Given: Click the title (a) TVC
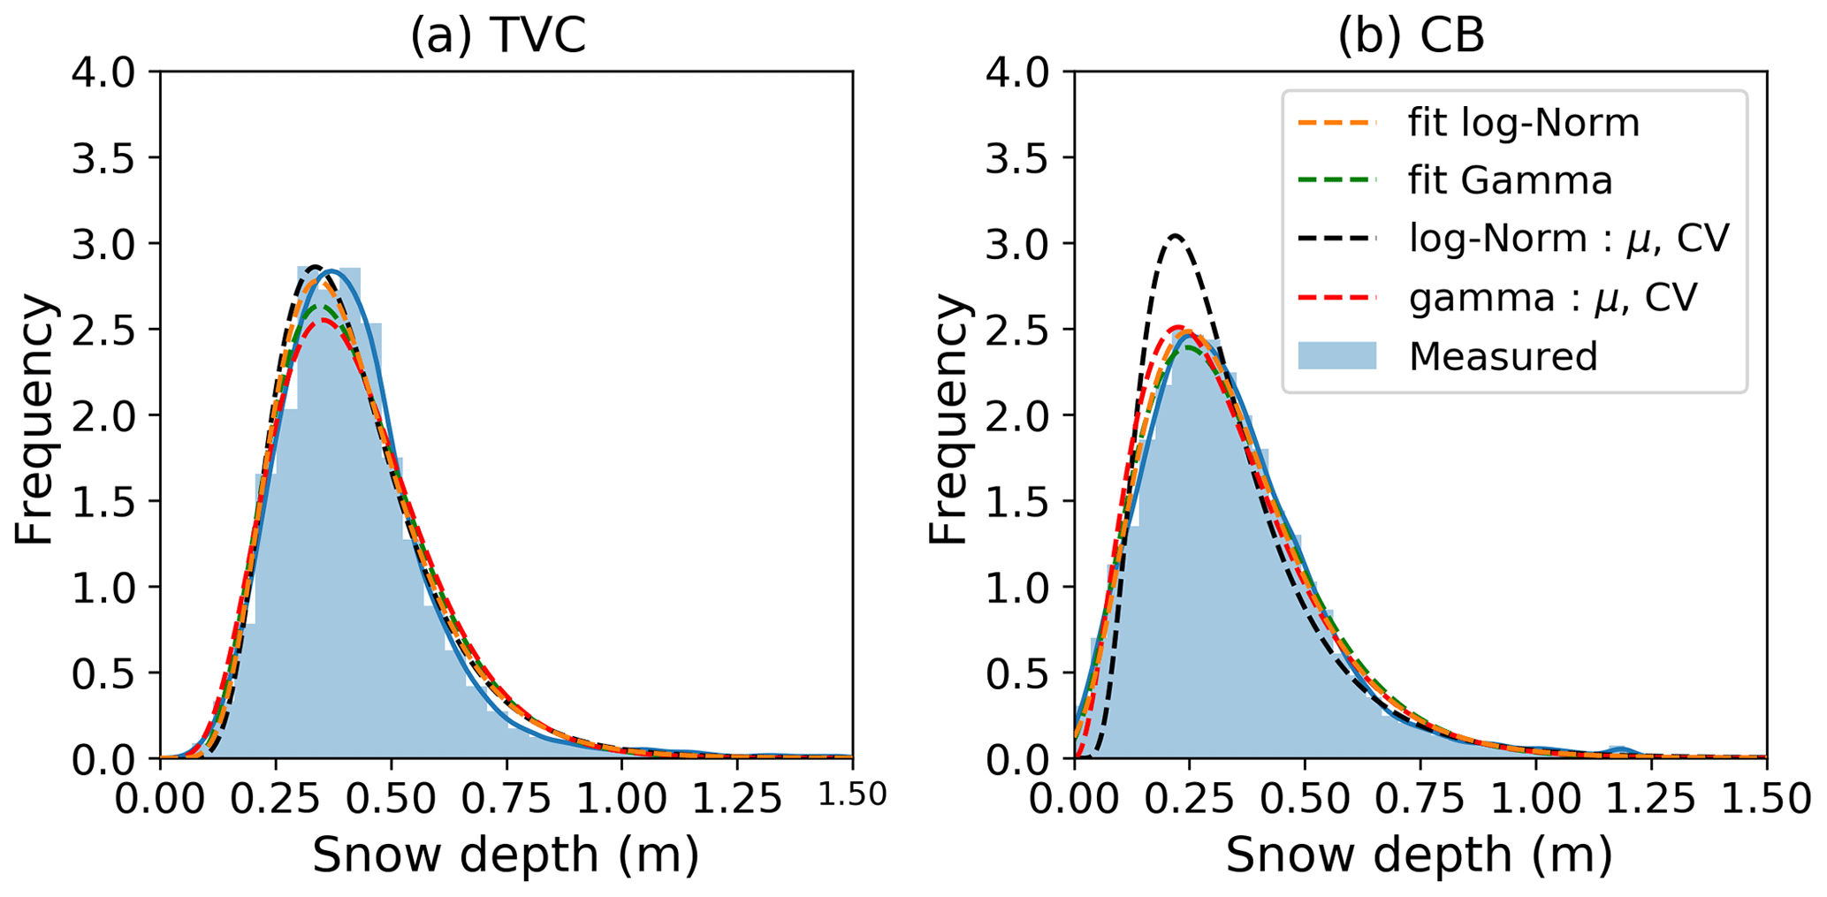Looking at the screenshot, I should coord(498,37).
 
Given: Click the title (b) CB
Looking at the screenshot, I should coord(1411,37).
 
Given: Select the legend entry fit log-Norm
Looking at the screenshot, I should coord(1524,122).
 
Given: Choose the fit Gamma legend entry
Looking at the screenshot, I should coord(1510,180).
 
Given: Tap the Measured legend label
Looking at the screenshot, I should coord(1503,356).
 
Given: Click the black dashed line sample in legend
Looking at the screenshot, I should coord(1336,239).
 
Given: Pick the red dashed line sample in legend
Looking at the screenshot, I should coord(1336,298).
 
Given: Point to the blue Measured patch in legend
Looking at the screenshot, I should coord(1336,355).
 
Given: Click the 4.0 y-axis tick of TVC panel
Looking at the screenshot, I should coord(103,72).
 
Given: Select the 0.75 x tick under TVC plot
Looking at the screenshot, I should coord(506,799).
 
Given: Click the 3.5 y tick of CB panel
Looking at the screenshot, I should coord(1017,158).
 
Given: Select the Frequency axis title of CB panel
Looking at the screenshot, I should coord(949,418).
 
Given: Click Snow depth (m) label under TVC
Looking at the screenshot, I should coord(506,855).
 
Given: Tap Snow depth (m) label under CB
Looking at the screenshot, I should coord(1420,855).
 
